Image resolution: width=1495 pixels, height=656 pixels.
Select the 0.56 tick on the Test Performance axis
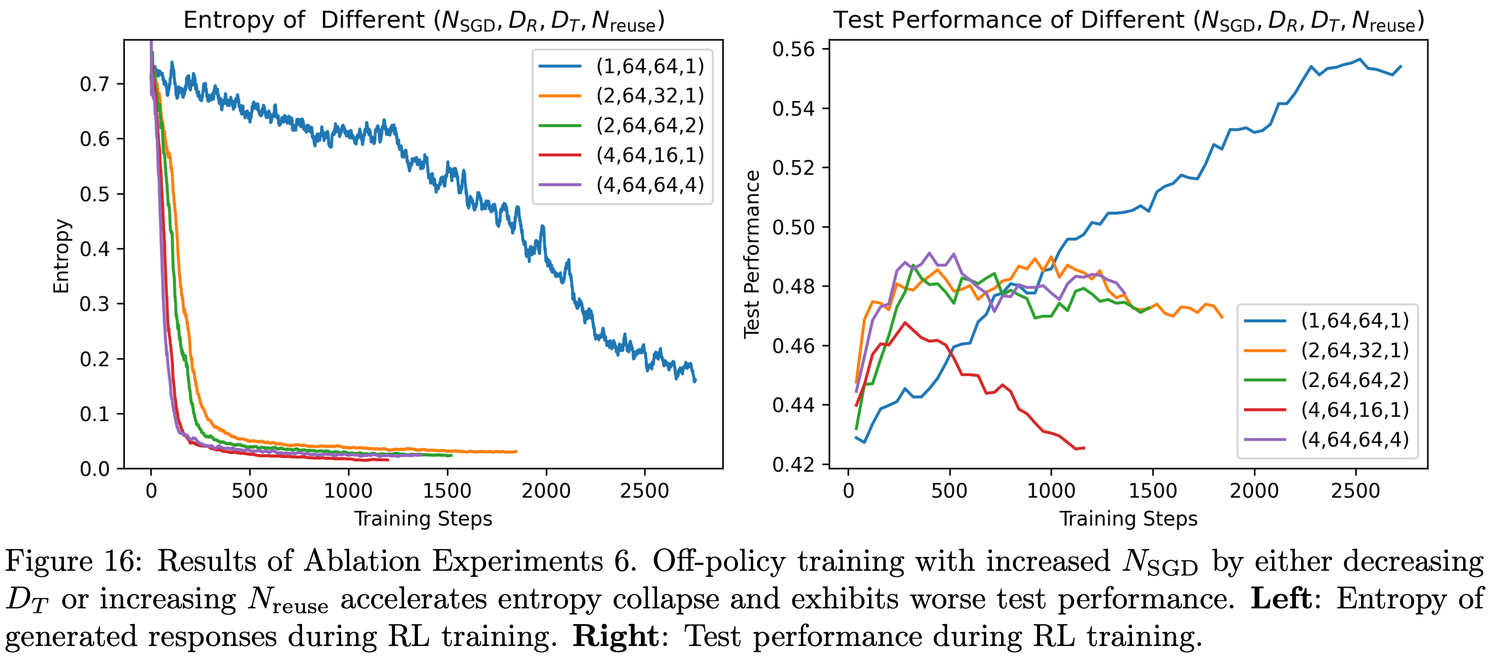[x=793, y=50]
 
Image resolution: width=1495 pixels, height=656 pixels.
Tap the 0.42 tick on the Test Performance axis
[x=793, y=465]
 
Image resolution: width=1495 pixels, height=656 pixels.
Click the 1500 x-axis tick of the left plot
[x=447, y=491]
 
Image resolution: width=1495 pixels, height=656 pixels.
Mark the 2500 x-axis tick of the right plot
[x=1355, y=491]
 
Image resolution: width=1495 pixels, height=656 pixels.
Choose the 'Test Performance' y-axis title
[x=752, y=254]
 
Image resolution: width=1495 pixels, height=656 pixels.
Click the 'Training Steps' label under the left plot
[x=423, y=518]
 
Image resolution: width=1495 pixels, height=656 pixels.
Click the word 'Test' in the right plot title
[x=859, y=20]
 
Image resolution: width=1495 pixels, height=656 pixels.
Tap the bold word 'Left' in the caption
[x=1280, y=598]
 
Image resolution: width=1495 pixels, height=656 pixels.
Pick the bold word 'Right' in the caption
[x=615, y=636]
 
